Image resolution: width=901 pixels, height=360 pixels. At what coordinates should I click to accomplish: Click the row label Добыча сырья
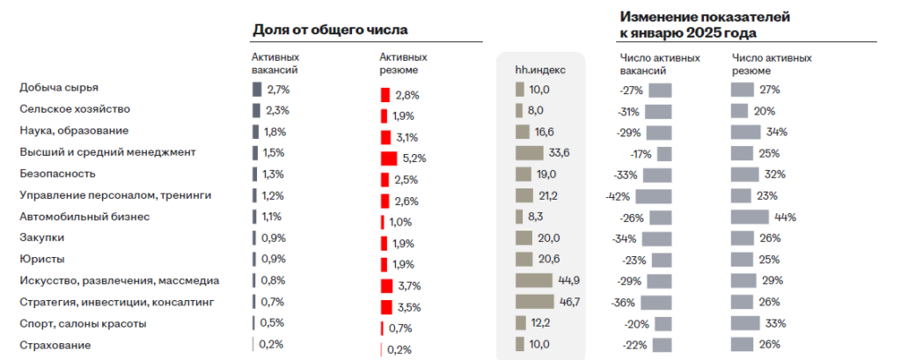58,88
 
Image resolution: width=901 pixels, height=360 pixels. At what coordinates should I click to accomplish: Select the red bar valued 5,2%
389,158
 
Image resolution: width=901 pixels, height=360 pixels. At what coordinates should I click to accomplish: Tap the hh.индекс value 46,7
571,302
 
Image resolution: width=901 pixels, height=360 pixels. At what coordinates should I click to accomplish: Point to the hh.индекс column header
540,70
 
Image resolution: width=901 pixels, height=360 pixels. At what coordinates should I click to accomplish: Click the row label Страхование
54,344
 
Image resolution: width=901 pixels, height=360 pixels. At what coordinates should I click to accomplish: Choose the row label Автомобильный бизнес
84,216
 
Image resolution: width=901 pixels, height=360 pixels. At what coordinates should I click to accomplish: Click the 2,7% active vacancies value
278,90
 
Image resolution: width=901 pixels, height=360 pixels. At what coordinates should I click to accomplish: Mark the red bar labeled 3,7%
386,286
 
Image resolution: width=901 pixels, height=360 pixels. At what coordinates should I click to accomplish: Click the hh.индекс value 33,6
560,153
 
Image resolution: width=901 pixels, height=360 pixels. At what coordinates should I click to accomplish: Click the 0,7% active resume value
400,328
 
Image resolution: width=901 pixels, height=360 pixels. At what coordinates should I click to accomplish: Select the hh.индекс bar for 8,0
519,111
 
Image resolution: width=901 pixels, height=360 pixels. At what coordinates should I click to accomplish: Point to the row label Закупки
41,238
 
